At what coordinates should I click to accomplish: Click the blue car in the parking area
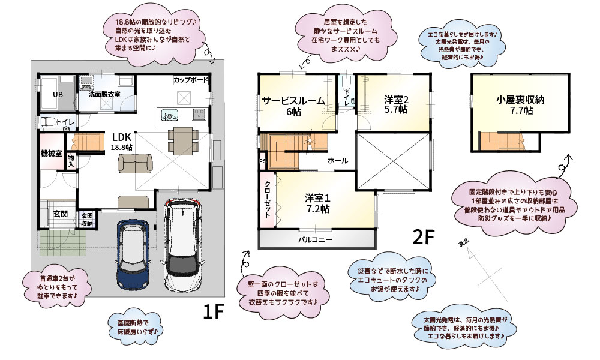point(133,254)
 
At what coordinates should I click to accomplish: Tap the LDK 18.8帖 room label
point(122,141)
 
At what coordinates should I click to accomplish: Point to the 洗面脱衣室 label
point(105,94)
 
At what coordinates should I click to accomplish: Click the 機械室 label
point(52,154)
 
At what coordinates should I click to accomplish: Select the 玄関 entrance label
point(60,214)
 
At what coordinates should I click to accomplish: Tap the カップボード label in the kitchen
point(191,80)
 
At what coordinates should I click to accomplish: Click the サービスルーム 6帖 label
point(293,106)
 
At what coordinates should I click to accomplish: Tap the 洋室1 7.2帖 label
point(317,203)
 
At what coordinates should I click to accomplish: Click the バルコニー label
point(316,239)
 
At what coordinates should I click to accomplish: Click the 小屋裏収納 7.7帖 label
point(520,106)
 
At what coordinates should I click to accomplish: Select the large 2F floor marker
point(422,238)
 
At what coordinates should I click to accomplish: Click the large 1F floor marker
point(212,311)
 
